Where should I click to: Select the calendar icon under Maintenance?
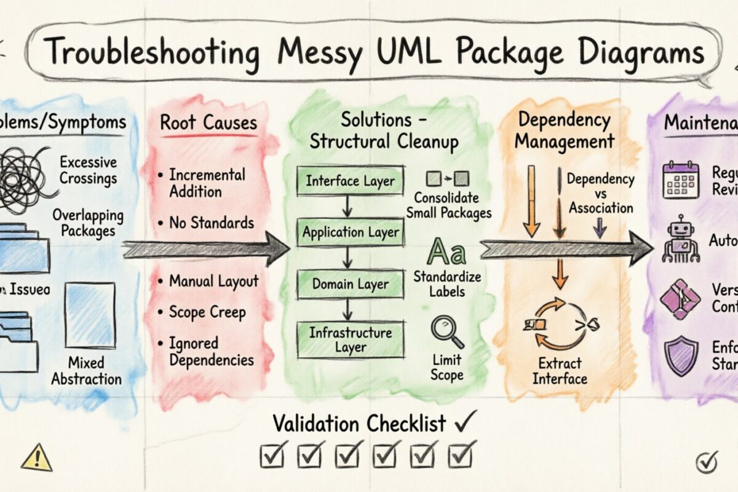[x=681, y=180]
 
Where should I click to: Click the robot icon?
[x=680, y=240]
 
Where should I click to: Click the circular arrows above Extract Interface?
[x=560, y=324]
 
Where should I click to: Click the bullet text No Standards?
[x=211, y=223]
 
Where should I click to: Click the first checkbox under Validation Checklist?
[x=271, y=455]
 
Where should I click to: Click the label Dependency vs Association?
[x=600, y=193]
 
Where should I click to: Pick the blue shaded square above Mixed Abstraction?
[x=90, y=315]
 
